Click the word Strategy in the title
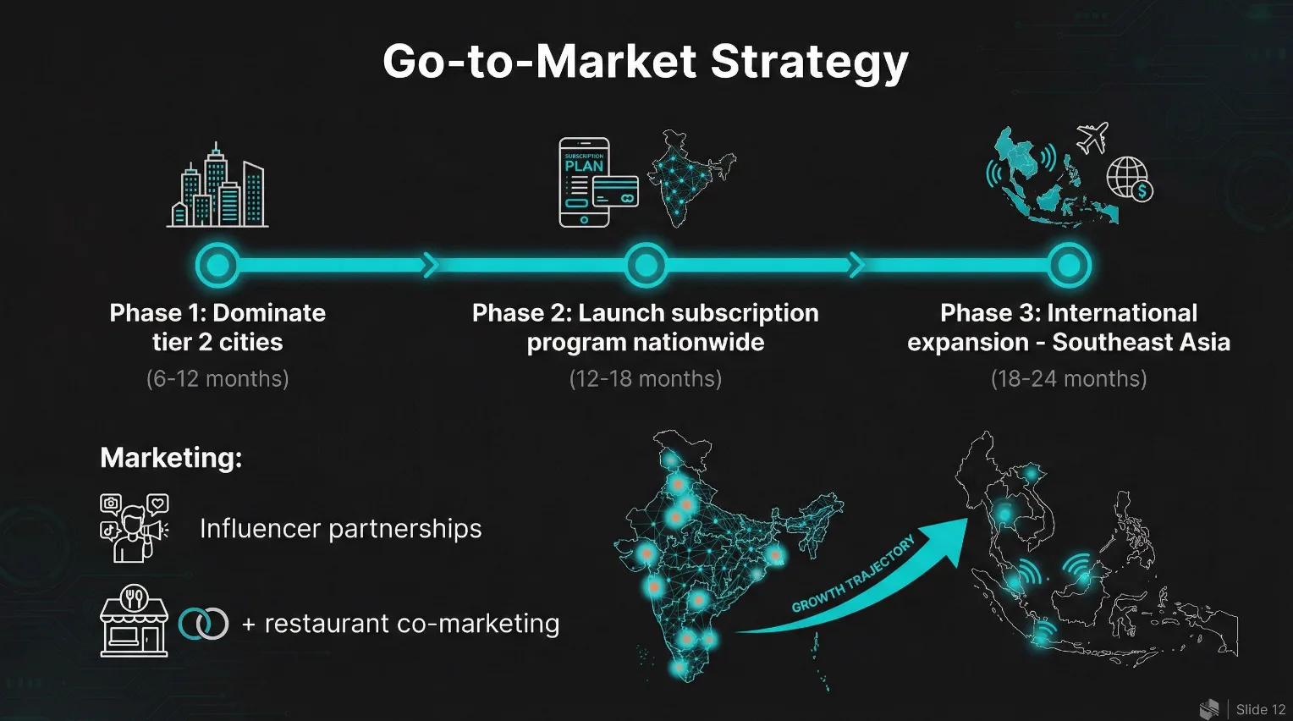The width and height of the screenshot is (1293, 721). pyautogui.click(x=809, y=63)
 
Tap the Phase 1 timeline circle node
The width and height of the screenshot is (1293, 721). pyautogui.click(x=217, y=265)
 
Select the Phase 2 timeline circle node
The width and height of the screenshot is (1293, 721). pyautogui.click(x=646, y=265)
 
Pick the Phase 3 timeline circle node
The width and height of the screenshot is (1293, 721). pyautogui.click(x=1069, y=265)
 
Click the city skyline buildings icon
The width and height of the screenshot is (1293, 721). pyautogui.click(x=217, y=184)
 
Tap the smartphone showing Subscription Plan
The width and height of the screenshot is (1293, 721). pyautogui.click(x=584, y=183)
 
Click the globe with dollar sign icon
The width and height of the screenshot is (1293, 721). pyautogui.click(x=1130, y=179)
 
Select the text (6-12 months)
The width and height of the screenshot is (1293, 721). pyautogui.click(x=217, y=378)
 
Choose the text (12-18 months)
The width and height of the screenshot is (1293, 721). pyautogui.click(x=646, y=378)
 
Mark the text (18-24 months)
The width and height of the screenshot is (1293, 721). pyautogui.click(x=1069, y=378)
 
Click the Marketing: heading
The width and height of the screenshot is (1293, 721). pyautogui.click(x=172, y=458)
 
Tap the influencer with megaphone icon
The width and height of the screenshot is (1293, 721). pyautogui.click(x=135, y=528)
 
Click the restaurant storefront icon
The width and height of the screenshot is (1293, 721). pyautogui.click(x=135, y=620)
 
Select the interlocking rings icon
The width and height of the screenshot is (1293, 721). pyautogui.click(x=203, y=624)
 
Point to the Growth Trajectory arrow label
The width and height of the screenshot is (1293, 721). pyautogui.click(x=853, y=574)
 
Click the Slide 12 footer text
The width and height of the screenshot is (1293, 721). pyautogui.click(x=1260, y=709)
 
